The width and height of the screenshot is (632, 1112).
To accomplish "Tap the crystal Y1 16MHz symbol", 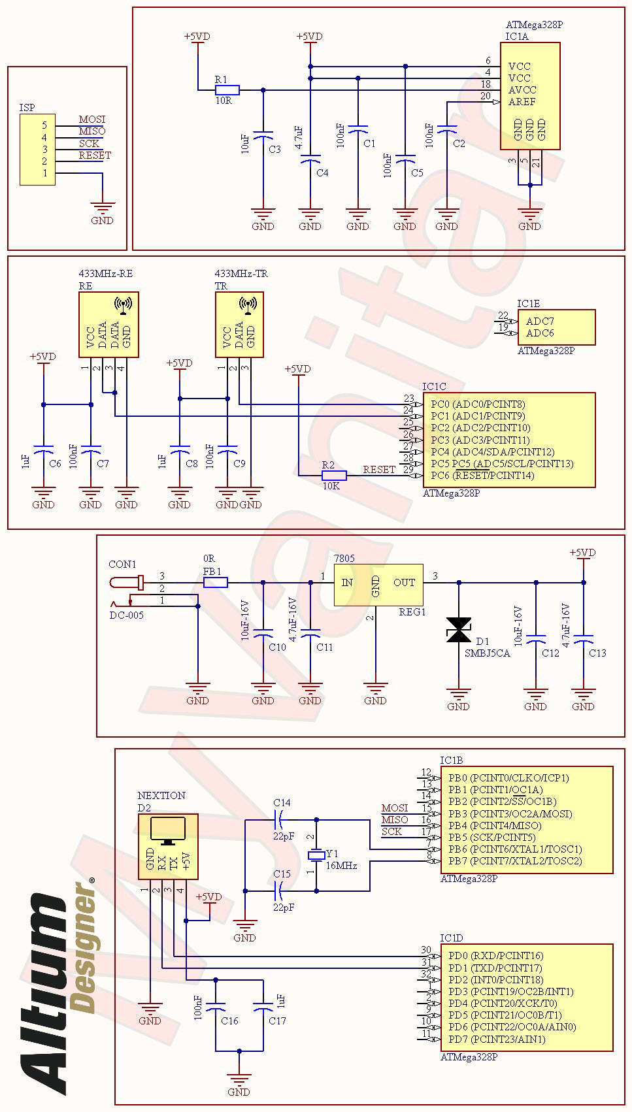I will point(316,855).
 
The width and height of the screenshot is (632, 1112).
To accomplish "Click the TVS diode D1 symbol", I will point(458,630).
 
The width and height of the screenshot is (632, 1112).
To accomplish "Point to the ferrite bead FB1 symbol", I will point(216,582).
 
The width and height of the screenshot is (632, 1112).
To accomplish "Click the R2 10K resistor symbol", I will point(334,476).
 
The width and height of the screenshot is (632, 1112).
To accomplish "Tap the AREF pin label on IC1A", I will point(522,102).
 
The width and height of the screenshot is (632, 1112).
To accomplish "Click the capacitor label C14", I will point(282,803).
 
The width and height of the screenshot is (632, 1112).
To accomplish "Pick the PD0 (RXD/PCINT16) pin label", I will point(495,956).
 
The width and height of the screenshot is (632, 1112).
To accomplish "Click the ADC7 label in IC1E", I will point(540,321).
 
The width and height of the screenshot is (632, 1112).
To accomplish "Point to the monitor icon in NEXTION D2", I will point(168,830).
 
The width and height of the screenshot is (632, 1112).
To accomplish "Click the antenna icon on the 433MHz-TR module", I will point(248,304).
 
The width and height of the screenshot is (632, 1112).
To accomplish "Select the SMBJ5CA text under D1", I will point(487,653).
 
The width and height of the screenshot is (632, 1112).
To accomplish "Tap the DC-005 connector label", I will point(126,615).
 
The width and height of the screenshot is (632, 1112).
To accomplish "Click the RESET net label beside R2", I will point(379,469).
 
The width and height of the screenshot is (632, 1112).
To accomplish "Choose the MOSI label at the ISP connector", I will point(92,120).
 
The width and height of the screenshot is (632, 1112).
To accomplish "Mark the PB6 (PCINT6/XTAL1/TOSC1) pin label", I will point(515,849).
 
